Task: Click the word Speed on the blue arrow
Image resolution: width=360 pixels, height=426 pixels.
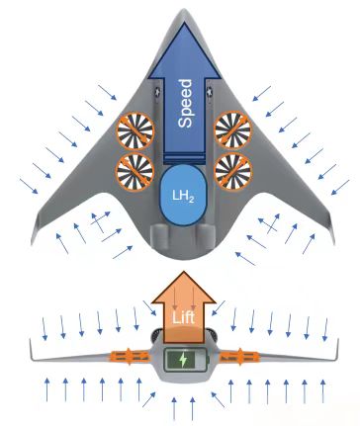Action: tap(185, 103)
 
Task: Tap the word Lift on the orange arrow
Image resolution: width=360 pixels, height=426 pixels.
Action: tap(183, 317)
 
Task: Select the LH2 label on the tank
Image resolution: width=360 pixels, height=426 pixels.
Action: tap(183, 197)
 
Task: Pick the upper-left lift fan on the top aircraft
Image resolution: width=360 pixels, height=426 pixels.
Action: tap(135, 131)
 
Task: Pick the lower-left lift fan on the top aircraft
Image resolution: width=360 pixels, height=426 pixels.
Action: tap(135, 172)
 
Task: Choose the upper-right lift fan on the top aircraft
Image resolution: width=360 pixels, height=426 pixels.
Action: tap(233, 130)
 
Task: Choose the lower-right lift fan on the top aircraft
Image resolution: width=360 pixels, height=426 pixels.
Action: tap(233, 171)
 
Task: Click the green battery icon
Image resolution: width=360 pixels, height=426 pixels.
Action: tap(186, 360)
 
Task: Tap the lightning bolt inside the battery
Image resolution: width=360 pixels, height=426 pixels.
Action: tap(182, 360)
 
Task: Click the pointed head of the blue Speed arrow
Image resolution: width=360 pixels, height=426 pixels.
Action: tap(184, 48)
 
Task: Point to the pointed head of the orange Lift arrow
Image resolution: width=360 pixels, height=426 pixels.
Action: tap(183, 287)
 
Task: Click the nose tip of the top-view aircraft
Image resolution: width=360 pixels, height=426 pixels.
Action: tap(183, 11)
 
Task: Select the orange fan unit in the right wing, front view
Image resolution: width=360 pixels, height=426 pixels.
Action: tap(239, 357)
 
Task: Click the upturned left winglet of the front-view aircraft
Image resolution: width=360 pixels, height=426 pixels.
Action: tap(32, 350)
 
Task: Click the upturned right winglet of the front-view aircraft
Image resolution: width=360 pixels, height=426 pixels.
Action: tap(337, 349)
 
